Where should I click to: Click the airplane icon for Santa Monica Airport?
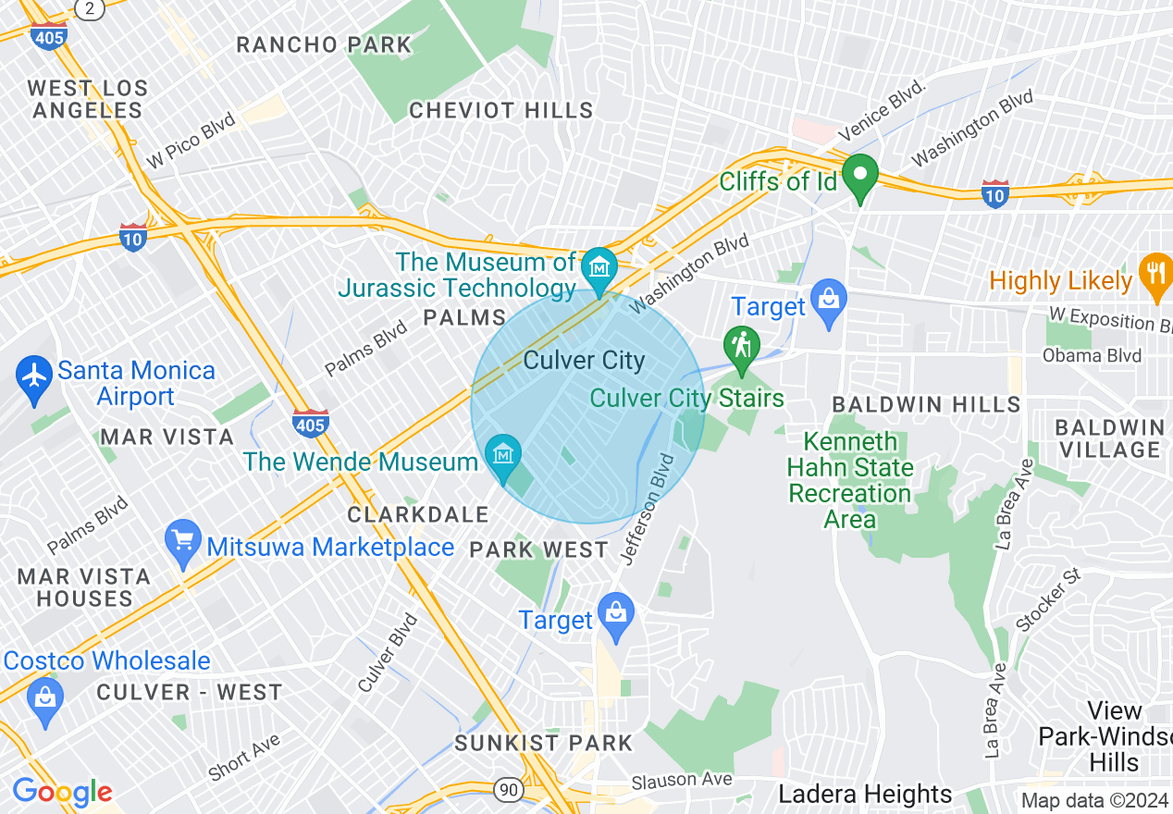point(35,376)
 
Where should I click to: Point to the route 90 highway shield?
point(507,789)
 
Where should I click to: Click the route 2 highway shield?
point(89,8)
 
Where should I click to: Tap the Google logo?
point(62,792)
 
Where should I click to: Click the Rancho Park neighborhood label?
point(323,44)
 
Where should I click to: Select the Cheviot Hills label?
point(500,111)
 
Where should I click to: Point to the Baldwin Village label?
point(1109,438)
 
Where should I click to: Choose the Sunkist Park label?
point(543,743)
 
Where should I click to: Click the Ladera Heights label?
point(864,794)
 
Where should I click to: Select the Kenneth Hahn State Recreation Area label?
point(849,480)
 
